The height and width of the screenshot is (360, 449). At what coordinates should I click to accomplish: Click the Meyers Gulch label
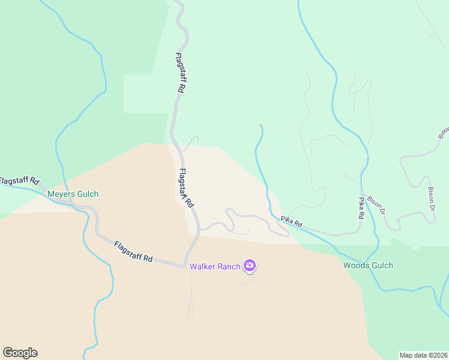[73, 194]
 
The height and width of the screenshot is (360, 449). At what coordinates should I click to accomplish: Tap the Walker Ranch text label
[215, 266]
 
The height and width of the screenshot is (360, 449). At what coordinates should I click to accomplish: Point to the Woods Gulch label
[368, 265]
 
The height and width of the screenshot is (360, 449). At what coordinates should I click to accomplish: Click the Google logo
[20, 353]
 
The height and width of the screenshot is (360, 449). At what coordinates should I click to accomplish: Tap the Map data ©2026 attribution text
[423, 355]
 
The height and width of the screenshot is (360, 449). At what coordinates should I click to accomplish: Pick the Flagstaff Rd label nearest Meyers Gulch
[19, 181]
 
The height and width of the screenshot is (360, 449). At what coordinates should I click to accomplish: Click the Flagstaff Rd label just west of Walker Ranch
[133, 251]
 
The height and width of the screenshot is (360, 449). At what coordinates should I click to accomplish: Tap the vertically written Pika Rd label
[361, 208]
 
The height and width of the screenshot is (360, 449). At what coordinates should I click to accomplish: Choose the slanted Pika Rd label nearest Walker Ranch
[291, 221]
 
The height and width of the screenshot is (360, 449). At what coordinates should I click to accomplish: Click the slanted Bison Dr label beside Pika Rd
[376, 205]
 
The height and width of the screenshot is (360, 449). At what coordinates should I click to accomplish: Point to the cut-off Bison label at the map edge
[443, 133]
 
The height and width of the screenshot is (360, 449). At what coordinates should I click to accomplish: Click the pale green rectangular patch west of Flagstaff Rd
[144, 94]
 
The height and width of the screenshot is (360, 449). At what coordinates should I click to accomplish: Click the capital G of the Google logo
[8, 353]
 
